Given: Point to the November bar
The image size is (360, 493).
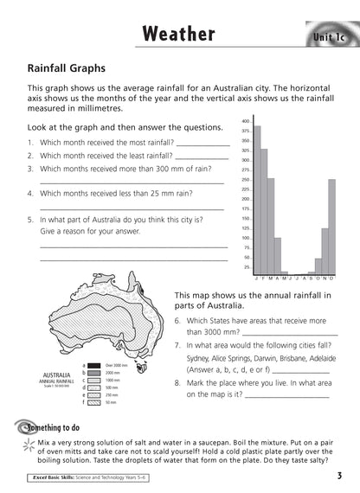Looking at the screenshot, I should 325,251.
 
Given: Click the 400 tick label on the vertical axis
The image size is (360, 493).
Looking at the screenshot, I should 245,121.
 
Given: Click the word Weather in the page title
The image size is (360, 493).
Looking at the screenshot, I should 178,34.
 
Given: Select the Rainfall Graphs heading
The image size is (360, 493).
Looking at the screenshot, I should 67,67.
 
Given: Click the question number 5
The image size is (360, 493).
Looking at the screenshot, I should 30,220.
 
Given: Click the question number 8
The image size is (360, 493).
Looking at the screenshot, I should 177,381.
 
